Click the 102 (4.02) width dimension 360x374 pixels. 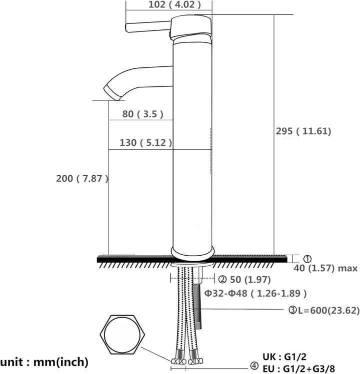pyautogui.click(x=174, y=5)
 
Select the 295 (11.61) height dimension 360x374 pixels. pyautogui.click(x=303, y=131)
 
